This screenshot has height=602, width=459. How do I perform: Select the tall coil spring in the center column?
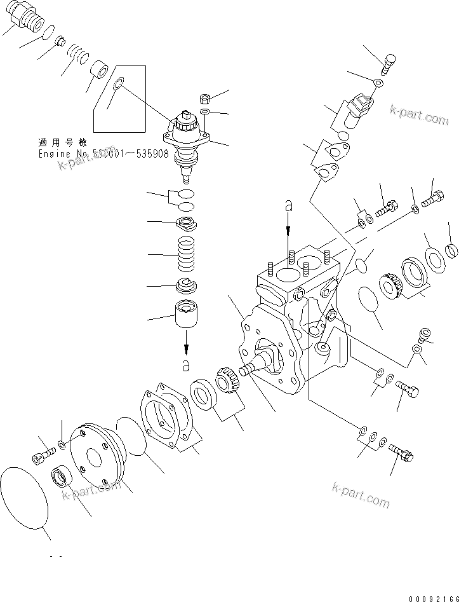186,254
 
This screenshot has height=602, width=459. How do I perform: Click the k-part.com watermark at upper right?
419,115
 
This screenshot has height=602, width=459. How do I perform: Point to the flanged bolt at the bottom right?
400,451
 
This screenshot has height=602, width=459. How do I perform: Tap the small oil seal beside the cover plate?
62,475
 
